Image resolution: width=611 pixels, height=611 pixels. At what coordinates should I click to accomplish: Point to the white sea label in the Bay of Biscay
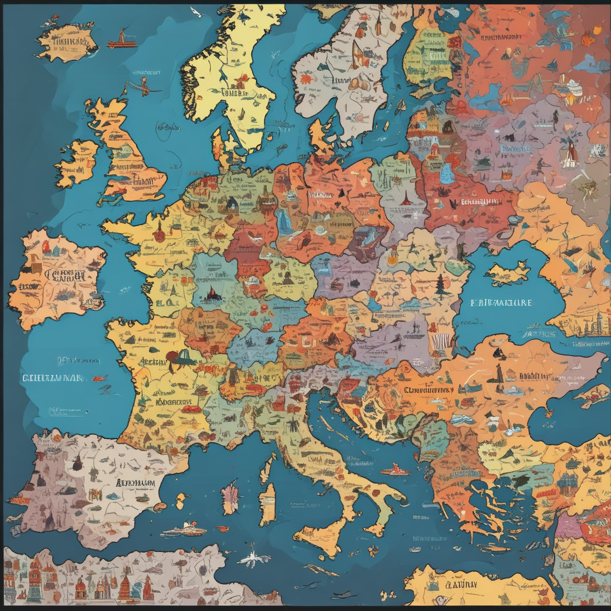pos(53,378)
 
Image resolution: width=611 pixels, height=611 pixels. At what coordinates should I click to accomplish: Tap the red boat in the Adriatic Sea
pos(394,470)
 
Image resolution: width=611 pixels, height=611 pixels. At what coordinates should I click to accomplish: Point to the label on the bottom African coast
pos(461,584)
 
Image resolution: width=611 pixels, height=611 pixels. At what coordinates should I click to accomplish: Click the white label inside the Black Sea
pos(501,303)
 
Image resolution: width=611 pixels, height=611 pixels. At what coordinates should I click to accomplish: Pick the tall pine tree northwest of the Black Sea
pos(440,285)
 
